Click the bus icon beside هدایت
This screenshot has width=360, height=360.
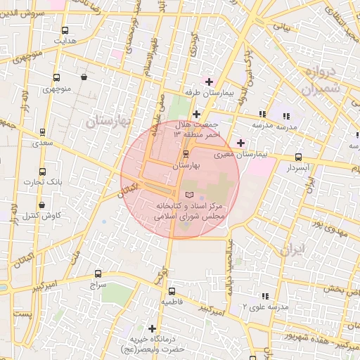coord(65,31)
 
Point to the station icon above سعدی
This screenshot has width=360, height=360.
coord(43,132)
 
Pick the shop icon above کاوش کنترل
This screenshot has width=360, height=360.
coord(42,205)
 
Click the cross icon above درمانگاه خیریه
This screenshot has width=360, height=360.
coord(153,328)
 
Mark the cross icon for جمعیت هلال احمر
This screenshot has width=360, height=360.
coord(196,114)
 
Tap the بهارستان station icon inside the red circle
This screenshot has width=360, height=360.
coord(186,154)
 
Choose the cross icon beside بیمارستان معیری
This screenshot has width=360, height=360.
coord(241,143)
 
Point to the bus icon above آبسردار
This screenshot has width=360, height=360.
coord(299,157)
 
